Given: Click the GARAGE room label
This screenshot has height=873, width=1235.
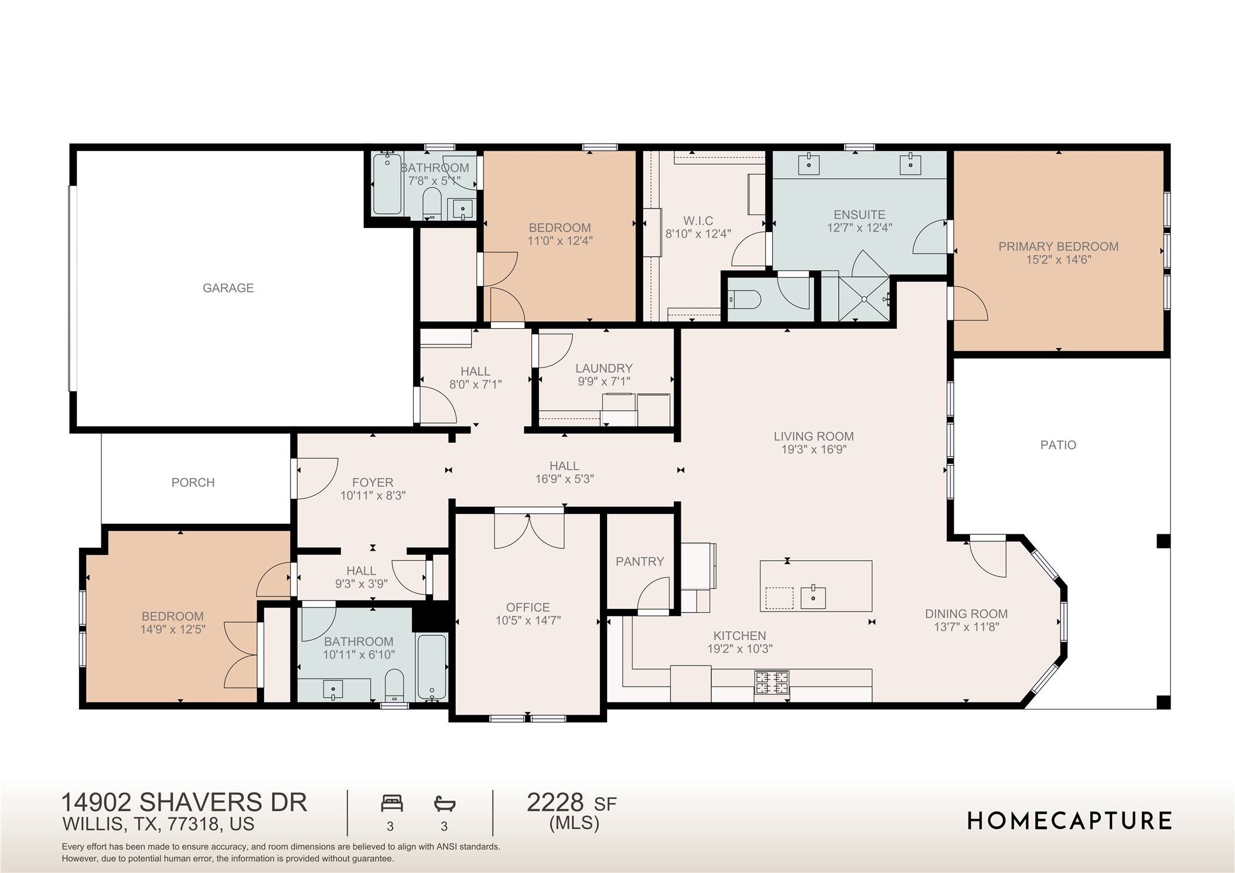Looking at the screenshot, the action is (228, 288).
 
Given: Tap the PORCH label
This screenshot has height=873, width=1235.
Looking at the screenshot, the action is (193, 483).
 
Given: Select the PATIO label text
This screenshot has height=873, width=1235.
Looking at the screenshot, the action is (1058, 445).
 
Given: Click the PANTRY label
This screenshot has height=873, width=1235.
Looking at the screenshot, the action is (640, 562).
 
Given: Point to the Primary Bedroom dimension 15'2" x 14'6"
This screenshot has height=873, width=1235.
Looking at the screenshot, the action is (1058, 260).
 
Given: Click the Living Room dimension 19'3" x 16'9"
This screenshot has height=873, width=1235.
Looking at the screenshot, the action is (814, 449).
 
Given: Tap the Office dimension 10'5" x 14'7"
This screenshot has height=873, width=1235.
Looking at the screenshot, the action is (528, 620).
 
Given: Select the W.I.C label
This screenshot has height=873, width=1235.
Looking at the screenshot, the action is (698, 221).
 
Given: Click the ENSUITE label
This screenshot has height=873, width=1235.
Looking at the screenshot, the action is (859, 215).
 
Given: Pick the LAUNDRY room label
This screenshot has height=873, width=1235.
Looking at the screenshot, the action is (604, 369).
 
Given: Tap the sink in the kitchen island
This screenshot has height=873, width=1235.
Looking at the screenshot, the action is (813, 598).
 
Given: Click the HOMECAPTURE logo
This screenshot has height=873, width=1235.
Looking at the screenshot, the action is (1069, 821).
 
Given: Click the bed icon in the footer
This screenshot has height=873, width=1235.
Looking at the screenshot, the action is (392, 803).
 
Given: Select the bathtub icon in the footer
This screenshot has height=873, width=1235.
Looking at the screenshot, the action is (445, 803).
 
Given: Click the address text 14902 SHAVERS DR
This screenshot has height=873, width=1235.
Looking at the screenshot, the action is (184, 803).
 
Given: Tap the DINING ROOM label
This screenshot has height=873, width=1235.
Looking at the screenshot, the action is (966, 614).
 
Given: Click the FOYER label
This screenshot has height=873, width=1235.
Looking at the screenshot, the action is (373, 483).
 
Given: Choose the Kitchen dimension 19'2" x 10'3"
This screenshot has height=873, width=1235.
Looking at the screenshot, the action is (740, 649).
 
